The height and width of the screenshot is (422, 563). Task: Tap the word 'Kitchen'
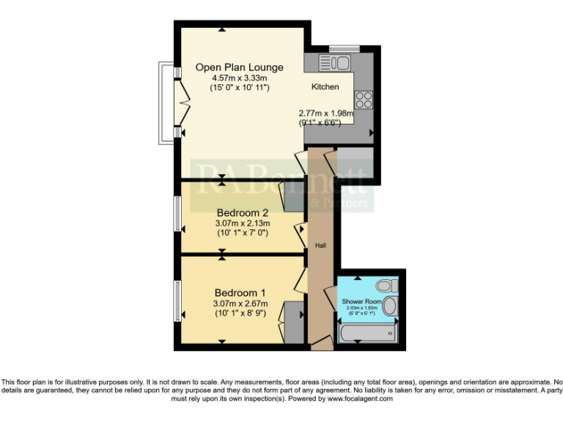pyautogui.click(x=325, y=86)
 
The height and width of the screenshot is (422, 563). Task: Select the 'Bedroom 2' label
pyautogui.click(x=242, y=212)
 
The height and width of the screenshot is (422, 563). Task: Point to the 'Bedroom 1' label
pyautogui.click(x=240, y=292)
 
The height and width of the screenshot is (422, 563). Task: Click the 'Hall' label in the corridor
pyautogui.click(x=320, y=245)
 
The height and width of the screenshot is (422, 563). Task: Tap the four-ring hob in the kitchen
pyautogui.click(x=364, y=99)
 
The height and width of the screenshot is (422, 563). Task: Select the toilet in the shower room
pyautogui.click(x=384, y=286)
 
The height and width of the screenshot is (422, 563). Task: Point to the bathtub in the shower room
pyautogui.click(x=367, y=333)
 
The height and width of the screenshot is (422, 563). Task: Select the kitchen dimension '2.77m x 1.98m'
pyautogui.click(x=325, y=114)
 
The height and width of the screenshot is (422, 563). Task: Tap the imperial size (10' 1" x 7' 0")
pyautogui.click(x=242, y=233)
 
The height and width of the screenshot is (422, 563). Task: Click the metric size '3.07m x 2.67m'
pyautogui.click(x=240, y=303)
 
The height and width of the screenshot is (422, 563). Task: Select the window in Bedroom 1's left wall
pyautogui.click(x=177, y=300)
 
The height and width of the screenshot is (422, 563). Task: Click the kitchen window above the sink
pyautogui.click(x=343, y=49)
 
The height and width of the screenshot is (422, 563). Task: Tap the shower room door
pyautogui.click(x=329, y=297)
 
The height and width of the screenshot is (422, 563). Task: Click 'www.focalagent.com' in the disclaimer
pyautogui.click(x=359, y=399)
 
